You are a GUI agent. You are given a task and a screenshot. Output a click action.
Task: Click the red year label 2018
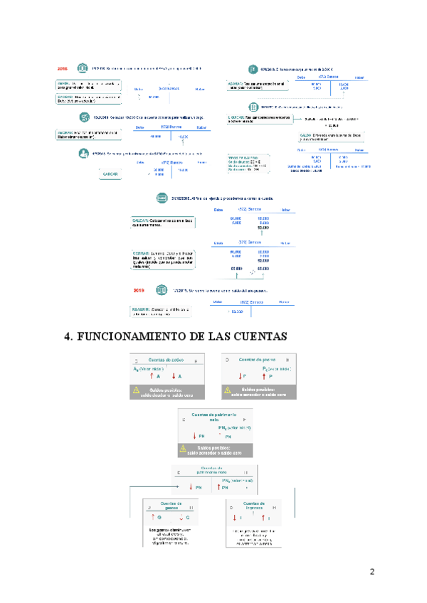coord(63,69)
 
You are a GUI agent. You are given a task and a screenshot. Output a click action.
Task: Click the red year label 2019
coord(141,290)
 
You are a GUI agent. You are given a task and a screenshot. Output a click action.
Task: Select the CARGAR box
coord(110,173)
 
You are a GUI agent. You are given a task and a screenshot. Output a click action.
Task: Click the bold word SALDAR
coord(141,220)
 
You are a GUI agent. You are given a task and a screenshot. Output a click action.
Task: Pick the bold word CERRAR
coord(141,252)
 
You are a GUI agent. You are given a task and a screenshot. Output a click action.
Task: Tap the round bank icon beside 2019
coord(162,290)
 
